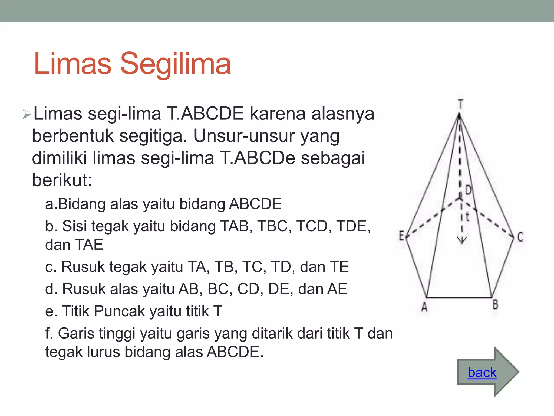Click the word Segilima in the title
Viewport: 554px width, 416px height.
tap(175, 64)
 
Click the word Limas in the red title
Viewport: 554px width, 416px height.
tap(72, 64)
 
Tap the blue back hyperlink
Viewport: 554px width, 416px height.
tap(482, 373)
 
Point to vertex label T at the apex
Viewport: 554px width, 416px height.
tap(460, 104)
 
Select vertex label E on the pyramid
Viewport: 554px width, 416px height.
tap(402, 236)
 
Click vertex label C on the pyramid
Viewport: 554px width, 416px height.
tap(520, 237)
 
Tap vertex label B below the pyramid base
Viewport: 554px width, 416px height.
tap(495, 305)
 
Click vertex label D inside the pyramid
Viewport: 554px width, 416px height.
tap(468, 190)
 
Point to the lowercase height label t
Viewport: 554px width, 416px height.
tap(467, 217)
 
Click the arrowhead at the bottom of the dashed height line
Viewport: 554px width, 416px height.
tap(462, 240)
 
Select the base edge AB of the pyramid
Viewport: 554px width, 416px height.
tap(459, 298)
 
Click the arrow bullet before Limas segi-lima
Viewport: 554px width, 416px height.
tap(27, 114)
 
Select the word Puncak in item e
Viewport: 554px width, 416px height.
tap(120, 311)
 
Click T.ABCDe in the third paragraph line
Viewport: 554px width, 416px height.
tap(257, 158)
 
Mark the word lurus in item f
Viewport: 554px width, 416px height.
tap(103, 352)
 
